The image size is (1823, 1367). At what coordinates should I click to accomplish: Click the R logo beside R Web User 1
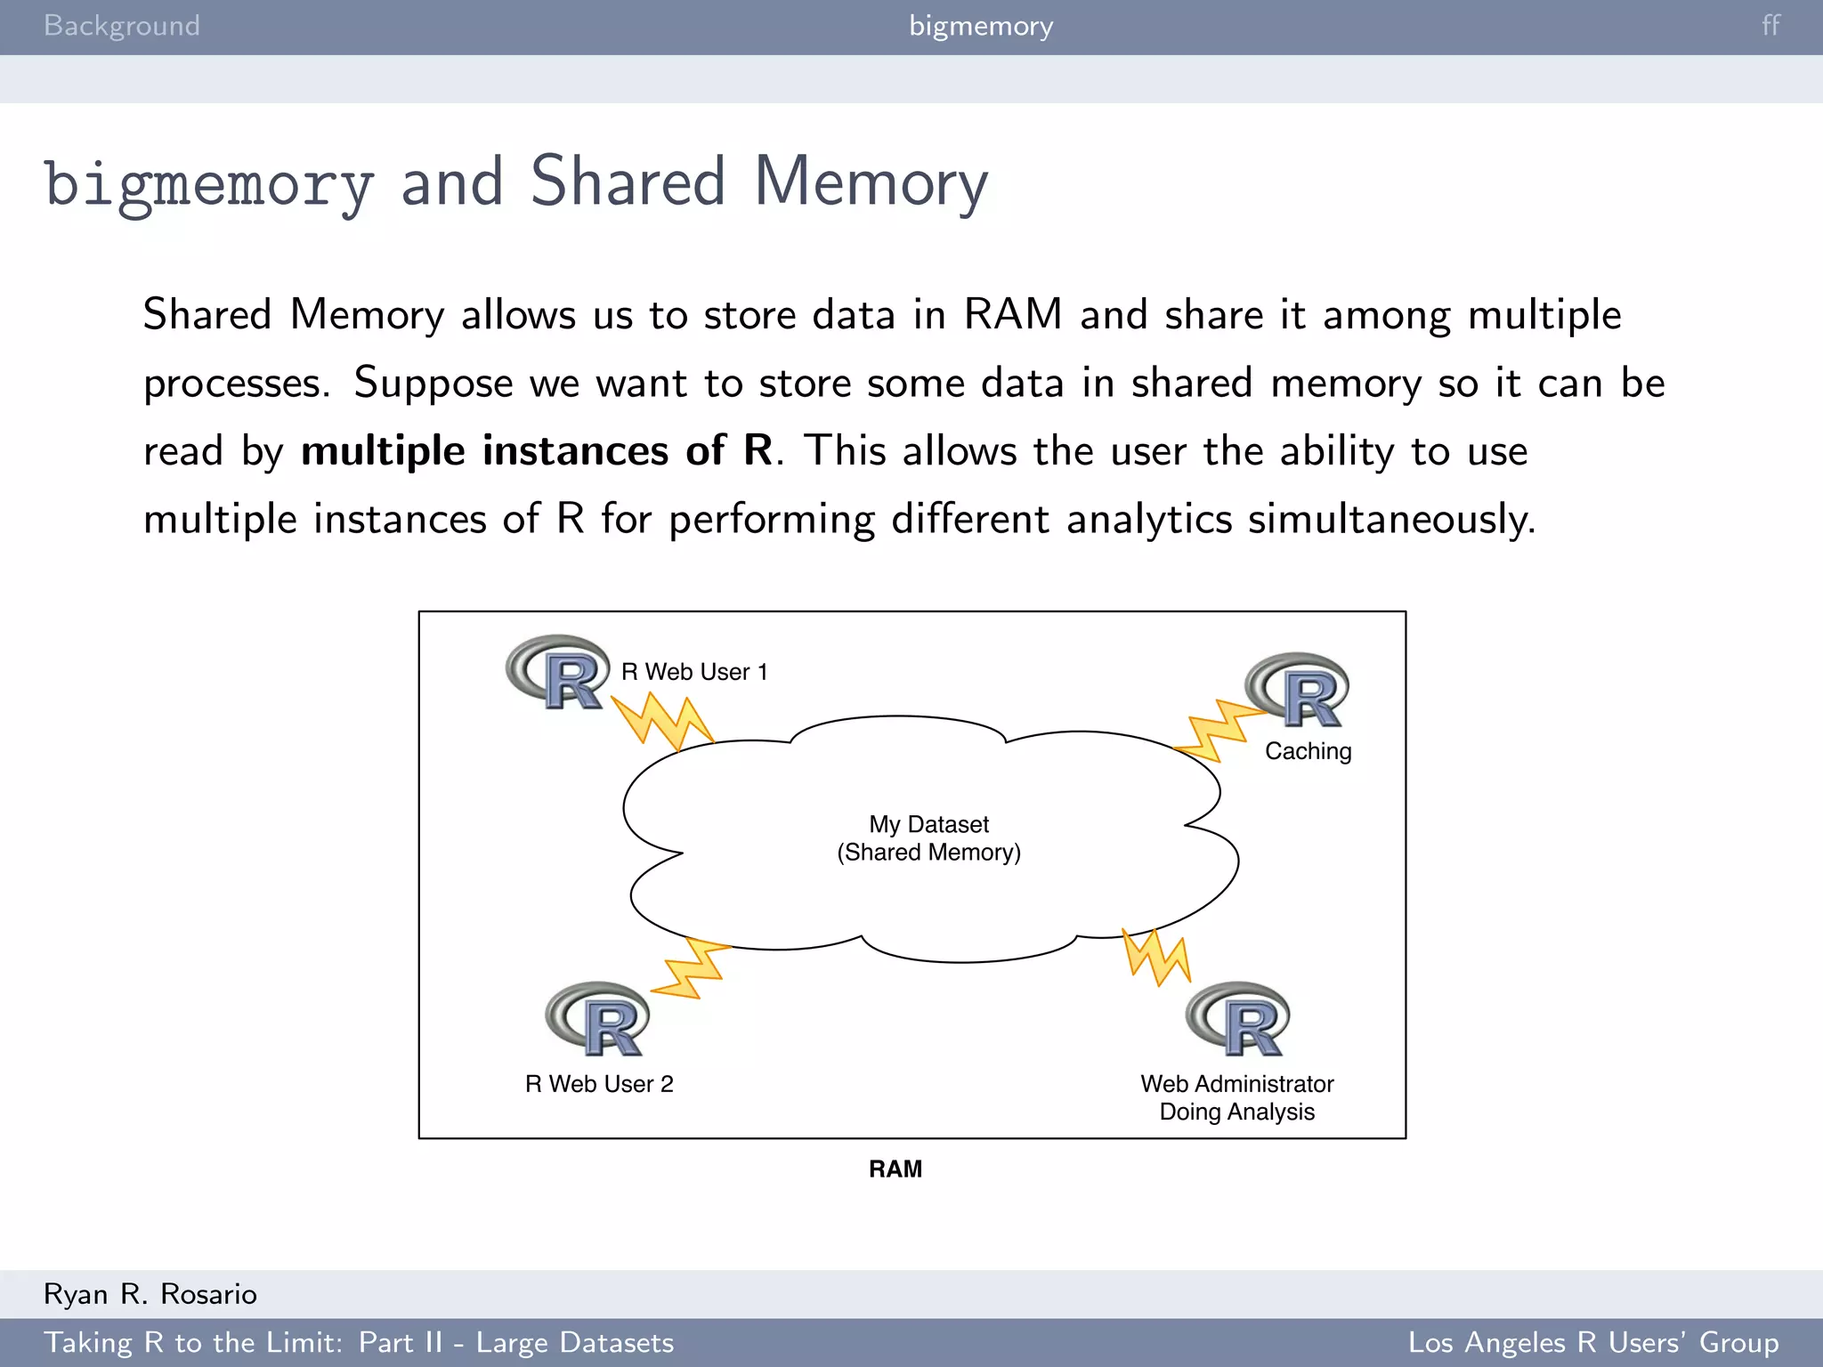[558, 673]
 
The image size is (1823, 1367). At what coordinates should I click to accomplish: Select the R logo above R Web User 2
[598, 1020]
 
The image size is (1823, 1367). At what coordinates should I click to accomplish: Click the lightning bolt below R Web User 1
[664, 721]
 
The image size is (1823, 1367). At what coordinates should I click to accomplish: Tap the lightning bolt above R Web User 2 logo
[693, 967]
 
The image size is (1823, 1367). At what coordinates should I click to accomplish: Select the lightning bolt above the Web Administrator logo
[1156, 957]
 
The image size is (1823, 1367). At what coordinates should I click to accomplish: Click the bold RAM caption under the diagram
[895, 1169]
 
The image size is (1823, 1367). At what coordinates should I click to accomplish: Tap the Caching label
[1308, 752]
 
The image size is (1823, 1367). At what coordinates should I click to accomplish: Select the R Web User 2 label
[599, 1084]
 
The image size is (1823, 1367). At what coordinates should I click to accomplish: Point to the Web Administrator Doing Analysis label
[1236, 1097]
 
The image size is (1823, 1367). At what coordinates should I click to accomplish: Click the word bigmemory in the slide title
[209, 184]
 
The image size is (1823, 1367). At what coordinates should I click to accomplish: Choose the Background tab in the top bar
[122, 26]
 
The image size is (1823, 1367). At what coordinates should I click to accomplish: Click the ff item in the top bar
[1770, 26]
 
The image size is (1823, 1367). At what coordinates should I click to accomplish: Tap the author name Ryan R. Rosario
[150, 1294]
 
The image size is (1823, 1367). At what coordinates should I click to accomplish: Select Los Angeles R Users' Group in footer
[1592, 1343]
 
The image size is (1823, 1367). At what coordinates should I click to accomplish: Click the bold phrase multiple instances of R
[538, 450]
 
